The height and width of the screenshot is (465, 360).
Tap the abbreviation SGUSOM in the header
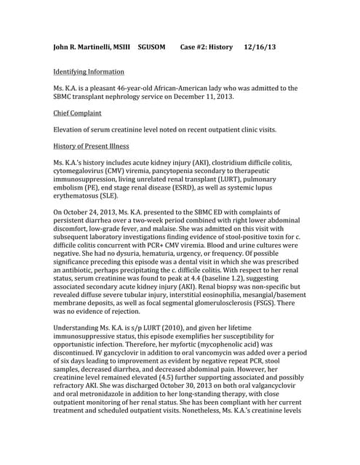[154, 47]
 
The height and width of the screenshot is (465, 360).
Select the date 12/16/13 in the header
[260, 47]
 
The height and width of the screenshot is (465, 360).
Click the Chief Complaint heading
[78, 113]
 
